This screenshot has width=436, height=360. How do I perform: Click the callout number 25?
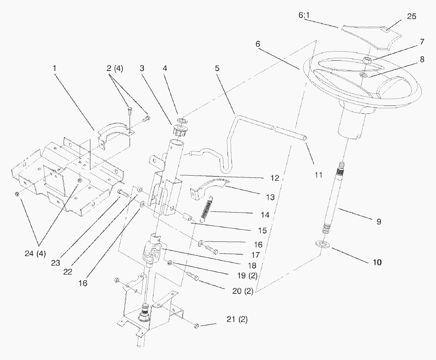tap(412, 16)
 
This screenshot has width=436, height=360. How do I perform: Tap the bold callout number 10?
tap(377, 262)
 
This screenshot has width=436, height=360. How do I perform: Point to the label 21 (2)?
tap(237, 319)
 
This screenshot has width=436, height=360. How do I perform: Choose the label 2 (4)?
tap(115, 68)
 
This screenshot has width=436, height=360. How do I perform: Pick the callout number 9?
tap(379, 222)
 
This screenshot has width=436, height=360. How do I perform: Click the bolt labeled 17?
tap(210, 250)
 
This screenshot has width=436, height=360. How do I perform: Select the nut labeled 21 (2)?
tap(196, 326)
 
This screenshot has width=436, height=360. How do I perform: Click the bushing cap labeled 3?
tap(179, 130)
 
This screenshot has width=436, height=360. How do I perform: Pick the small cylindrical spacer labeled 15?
tap(188, 218)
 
